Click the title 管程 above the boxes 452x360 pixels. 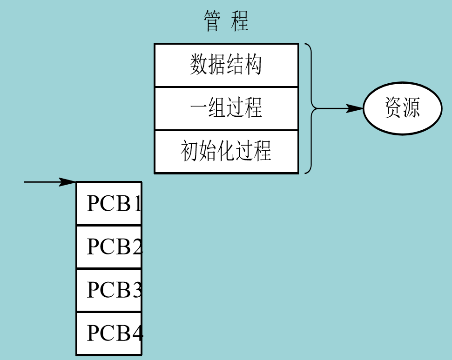point(226,21)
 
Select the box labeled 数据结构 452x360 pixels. point(226,65)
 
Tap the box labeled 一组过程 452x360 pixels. point(226,108)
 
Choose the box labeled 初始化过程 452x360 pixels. point(226,152)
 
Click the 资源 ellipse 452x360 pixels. point(402,109)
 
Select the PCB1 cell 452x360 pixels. point(109,204)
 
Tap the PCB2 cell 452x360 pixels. point(109,247)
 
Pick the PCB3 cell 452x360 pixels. point(109,290)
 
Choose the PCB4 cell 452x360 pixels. point(109,333)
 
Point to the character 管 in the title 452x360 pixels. point(212,21)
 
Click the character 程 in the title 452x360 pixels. point(240,21)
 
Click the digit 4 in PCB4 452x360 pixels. point(138,333)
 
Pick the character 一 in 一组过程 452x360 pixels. point(199,108)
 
